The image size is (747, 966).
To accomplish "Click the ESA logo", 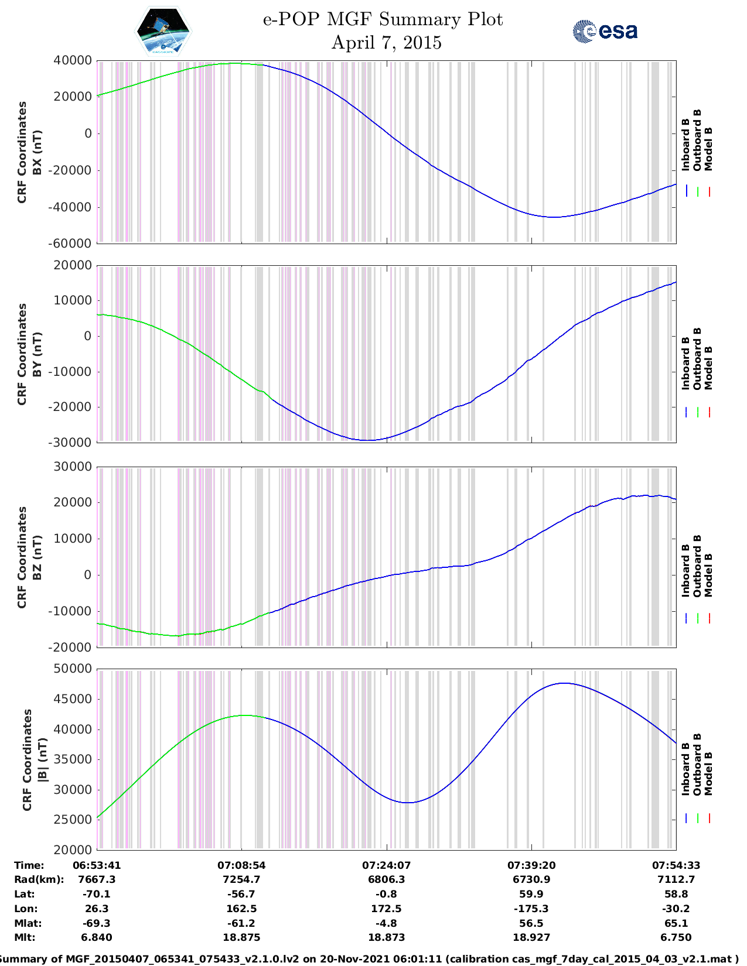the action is coord(605,32).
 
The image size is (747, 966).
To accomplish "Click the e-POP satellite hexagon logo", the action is coord(163,31).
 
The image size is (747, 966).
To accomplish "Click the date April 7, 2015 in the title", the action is coord(386,43).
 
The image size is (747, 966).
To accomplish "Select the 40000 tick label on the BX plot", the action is coord(73,60).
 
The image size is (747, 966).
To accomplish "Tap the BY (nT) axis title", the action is coord(37,354).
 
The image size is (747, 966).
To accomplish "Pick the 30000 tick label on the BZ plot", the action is coord(73,467).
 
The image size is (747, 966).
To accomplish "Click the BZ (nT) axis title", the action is coord(37,557).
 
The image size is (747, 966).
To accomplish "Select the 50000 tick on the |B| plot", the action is coord(73,669).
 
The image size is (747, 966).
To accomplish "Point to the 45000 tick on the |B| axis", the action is coord(73,699).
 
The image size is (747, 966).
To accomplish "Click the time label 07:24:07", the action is coord(386,865).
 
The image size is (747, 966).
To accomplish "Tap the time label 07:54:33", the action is coord(676,865).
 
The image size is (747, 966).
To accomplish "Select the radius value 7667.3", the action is coord(97,879).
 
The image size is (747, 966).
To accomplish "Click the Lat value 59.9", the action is coord(531,894).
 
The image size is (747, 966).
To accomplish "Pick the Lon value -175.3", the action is coord(531,909).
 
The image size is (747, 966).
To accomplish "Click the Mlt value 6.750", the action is coord(676,937).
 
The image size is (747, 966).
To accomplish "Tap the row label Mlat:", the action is coord(28,923).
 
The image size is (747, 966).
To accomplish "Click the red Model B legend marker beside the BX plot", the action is coord(709,191).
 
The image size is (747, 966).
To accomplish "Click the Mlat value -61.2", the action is coord(241,923).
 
